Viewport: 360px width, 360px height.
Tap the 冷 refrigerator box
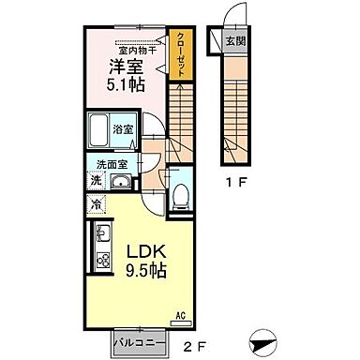pyautogui.click(x=97, y=202)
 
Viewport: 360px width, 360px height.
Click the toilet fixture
pyautogui.click(x=181, y=195)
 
